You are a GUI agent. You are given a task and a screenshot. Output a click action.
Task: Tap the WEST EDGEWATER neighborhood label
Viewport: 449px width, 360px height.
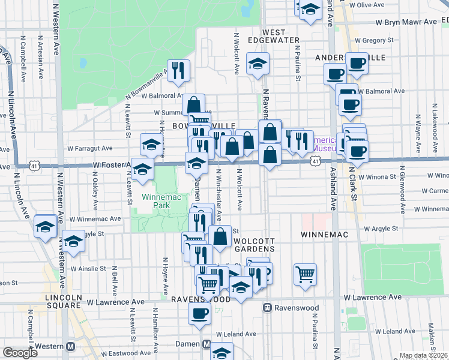[280, 35]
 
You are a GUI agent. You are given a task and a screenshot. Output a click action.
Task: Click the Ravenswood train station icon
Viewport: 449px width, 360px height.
[267, 307]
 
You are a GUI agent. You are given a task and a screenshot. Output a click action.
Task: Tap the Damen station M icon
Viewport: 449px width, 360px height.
[206, 344]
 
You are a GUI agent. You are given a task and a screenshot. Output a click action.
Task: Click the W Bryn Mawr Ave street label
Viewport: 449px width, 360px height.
[406, 22]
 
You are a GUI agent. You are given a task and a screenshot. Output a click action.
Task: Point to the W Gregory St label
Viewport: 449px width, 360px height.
[374, 41]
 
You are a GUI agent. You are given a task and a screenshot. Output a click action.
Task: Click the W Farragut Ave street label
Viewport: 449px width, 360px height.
[90, 148]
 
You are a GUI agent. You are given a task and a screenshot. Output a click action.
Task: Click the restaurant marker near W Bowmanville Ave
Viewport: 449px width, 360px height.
[178, 71]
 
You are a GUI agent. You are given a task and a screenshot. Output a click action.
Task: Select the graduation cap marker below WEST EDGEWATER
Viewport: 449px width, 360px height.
[258, 65]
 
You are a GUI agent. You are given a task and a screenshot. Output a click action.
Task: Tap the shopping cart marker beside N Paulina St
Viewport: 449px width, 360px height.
[306, 273]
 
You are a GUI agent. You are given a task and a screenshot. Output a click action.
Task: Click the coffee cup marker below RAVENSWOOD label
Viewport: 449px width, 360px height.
[200, 312]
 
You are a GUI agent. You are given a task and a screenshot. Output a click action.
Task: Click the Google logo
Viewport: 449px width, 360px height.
[20, 353]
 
